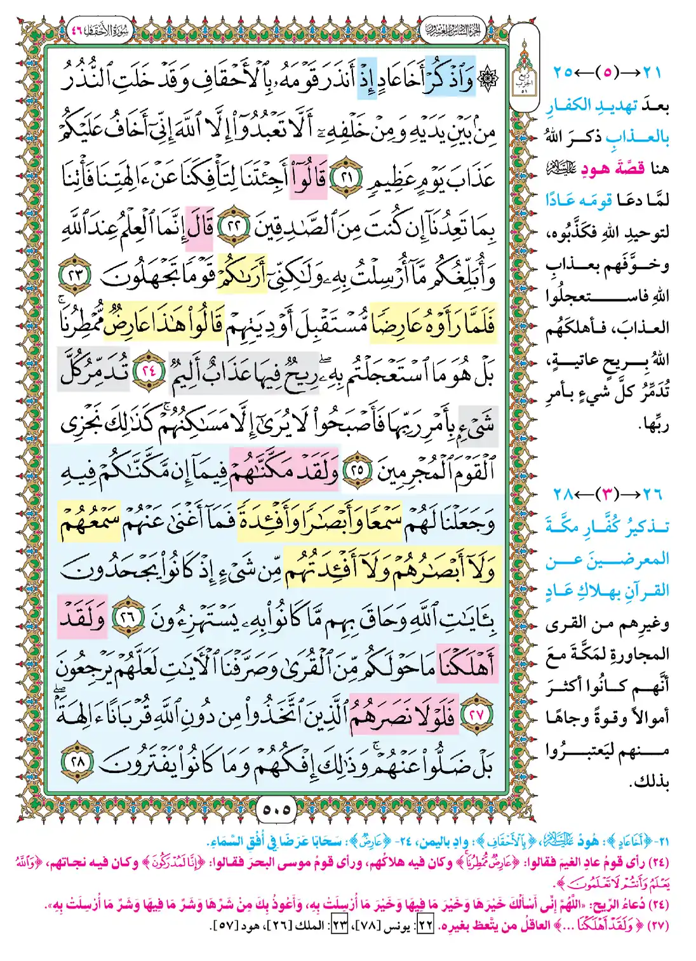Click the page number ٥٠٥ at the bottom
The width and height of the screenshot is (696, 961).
point(276,809)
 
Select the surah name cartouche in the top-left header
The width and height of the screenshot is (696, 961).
point(98,30)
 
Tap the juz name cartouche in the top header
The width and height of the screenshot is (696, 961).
point(451,30)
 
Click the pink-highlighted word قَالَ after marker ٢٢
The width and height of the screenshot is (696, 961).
point(199,225)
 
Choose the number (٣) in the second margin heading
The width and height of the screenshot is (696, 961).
point(609,494)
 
